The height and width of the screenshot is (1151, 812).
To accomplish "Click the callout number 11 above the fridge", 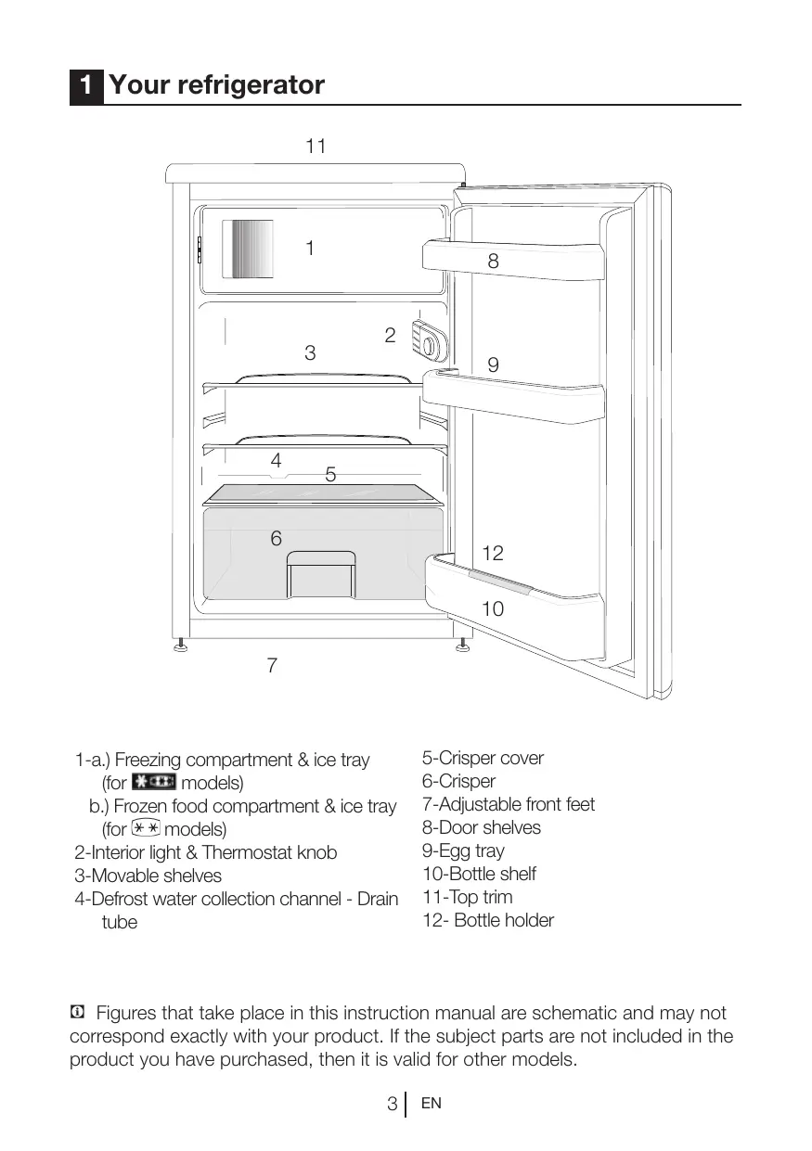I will (x=316, y=147).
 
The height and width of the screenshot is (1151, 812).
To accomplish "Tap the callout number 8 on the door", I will (x=493, y=262).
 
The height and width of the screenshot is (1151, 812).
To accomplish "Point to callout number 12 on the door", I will (x=493, y=554).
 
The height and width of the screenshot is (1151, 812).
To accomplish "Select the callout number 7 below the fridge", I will (x=272, y=666).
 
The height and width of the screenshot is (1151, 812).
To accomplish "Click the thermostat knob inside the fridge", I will (x=429, y=346).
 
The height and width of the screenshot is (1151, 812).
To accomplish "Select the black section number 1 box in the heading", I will (x=85, y=86).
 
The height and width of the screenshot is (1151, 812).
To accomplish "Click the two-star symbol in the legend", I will (x=146, y=828).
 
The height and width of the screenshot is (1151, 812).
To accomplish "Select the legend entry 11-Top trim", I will (x=467, y=897).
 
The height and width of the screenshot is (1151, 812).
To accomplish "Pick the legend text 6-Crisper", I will (x=458, y=781).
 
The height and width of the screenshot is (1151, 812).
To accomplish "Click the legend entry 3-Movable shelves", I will (x=148, y=876).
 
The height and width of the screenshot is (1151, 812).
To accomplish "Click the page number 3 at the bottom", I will (x=393, y=1105).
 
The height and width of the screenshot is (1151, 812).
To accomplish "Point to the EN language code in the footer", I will (x=431, y=1104).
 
